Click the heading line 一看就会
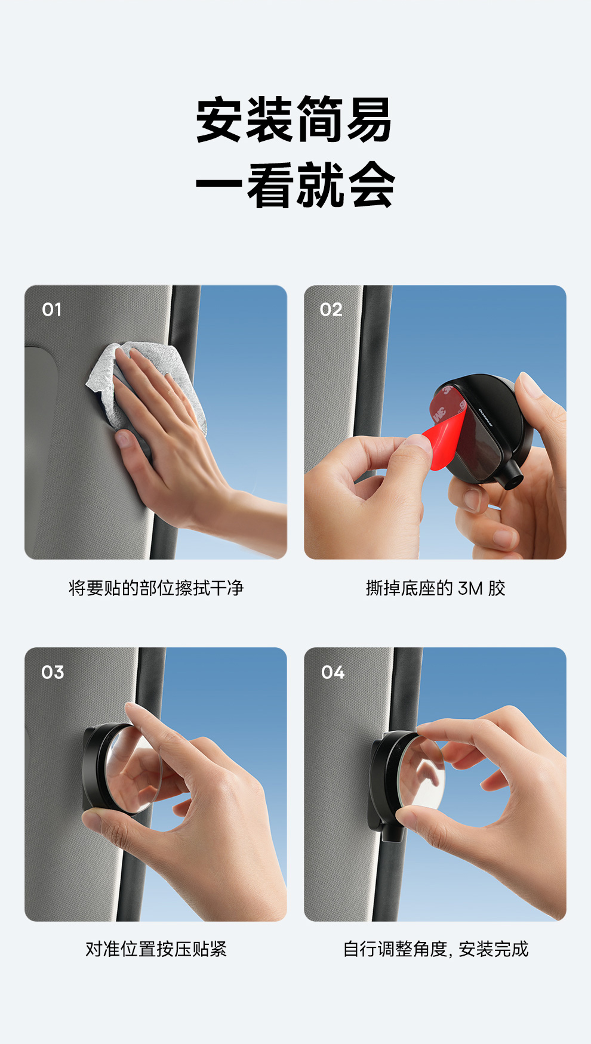click(295, 185)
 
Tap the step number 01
click(52, 310)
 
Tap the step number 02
click(331, 310)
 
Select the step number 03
click(53, 672)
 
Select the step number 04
click(333, 672)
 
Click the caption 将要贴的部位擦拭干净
click(156, 588)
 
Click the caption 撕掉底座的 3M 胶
click(435, 588)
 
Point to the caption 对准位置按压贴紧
click(156, 949)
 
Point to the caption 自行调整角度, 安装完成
click(436, 949)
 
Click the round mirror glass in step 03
click(134, 770)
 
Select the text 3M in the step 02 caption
click(470, 589)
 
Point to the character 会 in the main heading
click(371, 185)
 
